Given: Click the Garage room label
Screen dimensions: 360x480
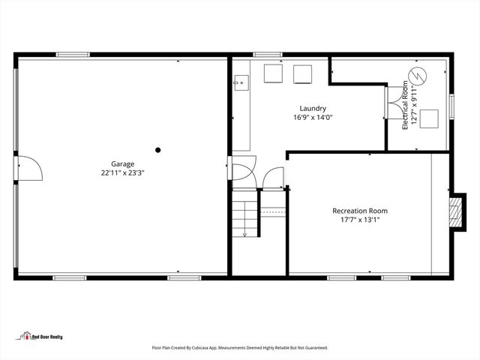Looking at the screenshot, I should (x=122, y=163).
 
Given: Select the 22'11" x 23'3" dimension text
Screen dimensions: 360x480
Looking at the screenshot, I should (x=122, y=172).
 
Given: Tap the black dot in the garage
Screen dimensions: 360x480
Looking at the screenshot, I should (x=158, y=150).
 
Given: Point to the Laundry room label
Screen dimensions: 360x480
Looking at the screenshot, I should (x=312, y=109).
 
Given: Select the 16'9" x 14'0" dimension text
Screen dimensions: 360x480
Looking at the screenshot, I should (x=312, y=118).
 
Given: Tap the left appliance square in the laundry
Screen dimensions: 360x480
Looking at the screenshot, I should (x=273, y=73).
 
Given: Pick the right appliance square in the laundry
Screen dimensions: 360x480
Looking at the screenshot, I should (x=302, y=73).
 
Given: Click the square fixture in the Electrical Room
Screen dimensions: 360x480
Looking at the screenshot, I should (x=429, y=118).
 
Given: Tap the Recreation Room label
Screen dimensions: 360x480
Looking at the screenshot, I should (x=360, y=211).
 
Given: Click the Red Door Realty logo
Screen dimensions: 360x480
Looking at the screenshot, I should (x=42, y=336).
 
